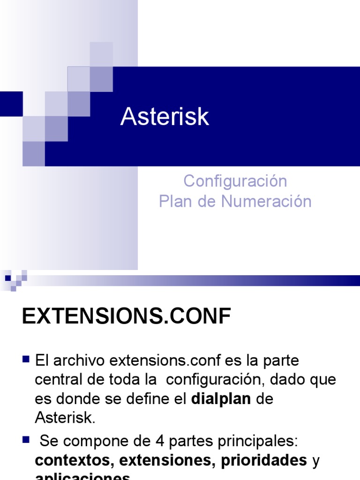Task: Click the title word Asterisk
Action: tap(165, 117)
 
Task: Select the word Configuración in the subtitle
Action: tap(235, 181)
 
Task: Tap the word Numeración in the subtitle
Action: tap(266, 202)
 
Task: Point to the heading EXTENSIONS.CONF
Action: tap(127, 317)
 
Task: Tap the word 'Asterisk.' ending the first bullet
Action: tap(65, 417)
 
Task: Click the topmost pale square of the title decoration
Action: tap(101, 54)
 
